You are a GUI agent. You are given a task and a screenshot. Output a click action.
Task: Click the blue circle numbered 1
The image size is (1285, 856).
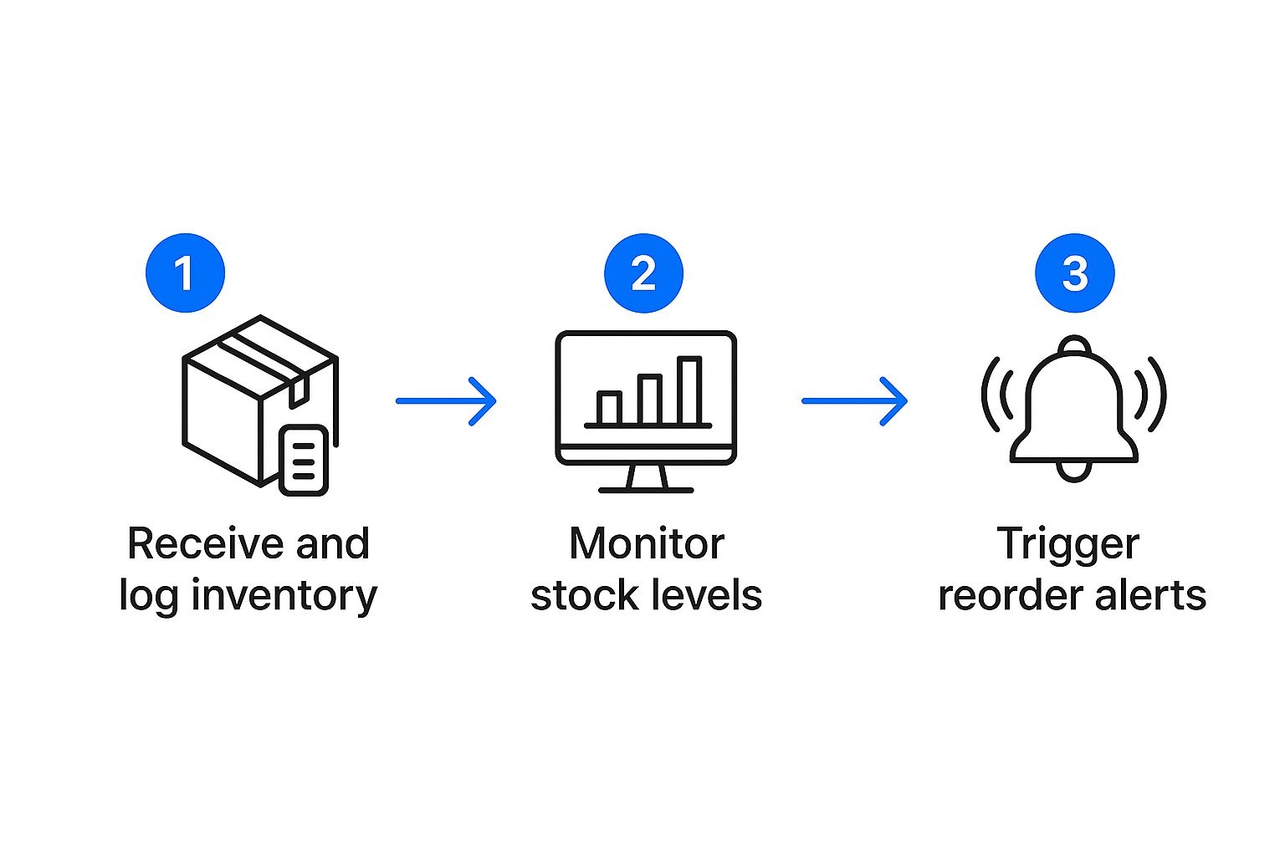185,273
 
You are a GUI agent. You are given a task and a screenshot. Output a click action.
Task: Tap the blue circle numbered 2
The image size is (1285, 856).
643,273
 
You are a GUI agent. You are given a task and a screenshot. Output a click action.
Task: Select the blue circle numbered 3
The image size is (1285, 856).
1074,273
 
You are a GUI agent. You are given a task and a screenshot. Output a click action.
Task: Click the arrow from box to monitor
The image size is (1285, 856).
446,401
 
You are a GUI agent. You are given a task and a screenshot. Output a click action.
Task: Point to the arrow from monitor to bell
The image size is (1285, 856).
854,401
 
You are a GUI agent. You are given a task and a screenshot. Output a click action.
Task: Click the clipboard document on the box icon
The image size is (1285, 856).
303,461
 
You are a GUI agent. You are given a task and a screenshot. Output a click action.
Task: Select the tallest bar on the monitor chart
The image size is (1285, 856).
689,391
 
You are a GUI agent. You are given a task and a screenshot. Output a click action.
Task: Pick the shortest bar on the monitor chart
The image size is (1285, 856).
608,408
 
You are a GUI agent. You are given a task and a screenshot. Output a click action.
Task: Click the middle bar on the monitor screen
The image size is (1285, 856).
650,400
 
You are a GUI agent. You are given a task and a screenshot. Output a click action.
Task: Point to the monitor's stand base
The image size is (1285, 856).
646,488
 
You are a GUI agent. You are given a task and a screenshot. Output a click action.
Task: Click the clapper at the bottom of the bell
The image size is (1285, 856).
1074,471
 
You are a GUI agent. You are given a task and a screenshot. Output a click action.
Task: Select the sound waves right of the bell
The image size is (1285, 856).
1151,395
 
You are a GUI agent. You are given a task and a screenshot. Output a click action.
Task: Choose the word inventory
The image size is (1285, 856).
284,597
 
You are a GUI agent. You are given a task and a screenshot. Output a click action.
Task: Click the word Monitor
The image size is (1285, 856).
646,544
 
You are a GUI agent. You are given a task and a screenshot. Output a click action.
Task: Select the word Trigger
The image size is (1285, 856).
1067,546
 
